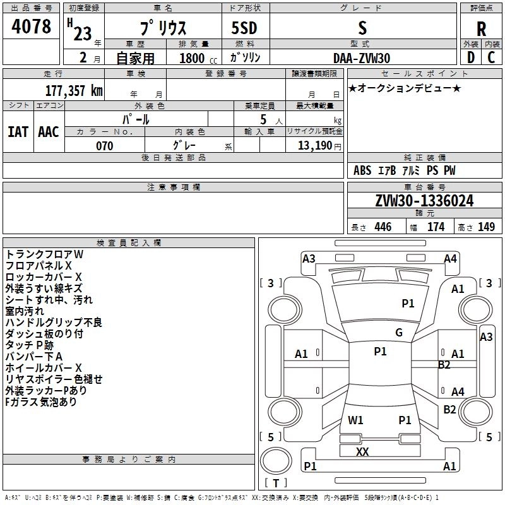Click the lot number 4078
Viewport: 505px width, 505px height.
(32, 28)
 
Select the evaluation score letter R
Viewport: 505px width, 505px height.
(481, 30)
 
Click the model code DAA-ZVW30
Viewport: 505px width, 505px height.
(362, 58)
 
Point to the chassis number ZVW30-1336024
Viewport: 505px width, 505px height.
(424, 201)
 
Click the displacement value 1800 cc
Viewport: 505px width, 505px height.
(192, 58)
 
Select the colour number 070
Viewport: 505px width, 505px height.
(104, 146)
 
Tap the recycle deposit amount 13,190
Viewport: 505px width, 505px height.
(315, 146)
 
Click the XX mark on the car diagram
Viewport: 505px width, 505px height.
(362, 452)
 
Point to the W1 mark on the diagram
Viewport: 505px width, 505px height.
(356, 420)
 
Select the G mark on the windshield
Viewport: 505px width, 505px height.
(399, 333)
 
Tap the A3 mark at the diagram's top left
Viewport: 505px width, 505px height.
(309, 258)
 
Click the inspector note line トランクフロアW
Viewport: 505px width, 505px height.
(45, 254)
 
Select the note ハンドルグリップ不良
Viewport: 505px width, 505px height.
(54, 323)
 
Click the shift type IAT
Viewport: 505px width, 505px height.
(18, 132)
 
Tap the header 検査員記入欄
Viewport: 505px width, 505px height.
(129, 242)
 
